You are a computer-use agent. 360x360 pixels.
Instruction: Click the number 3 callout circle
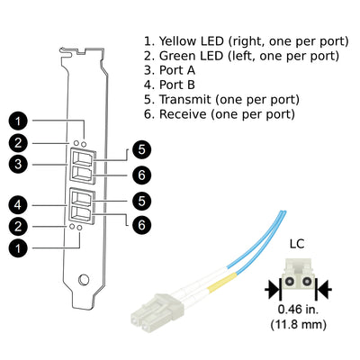pos(18,165)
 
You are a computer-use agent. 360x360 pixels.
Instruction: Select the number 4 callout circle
pos(18,205)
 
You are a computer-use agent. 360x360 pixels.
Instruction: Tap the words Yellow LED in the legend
pos(192,41)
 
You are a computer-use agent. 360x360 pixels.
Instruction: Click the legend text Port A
pos(177,70)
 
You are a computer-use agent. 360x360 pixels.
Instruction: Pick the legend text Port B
pos(177,85)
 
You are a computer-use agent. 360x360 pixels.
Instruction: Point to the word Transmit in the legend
pos(185,100)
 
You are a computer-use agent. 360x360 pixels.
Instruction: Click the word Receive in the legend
pos(183,114)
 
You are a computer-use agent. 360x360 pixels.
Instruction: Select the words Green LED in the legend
pos(191,56)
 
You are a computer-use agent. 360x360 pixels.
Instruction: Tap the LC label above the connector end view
pos(297,244)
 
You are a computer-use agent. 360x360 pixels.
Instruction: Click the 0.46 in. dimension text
pos(298,310)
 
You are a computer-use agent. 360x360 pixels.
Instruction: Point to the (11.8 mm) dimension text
pos(298,325)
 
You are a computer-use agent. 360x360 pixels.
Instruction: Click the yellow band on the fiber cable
pos(223,282)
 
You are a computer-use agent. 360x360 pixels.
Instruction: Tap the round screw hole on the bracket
pos(84,280)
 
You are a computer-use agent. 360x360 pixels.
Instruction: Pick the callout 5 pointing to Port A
pos(141,149)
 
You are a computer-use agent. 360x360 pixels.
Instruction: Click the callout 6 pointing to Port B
pos(141,225)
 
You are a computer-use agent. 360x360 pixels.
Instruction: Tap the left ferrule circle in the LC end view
pos(289,282)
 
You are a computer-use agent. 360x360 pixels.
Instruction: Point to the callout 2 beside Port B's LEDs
pos(18,227)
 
